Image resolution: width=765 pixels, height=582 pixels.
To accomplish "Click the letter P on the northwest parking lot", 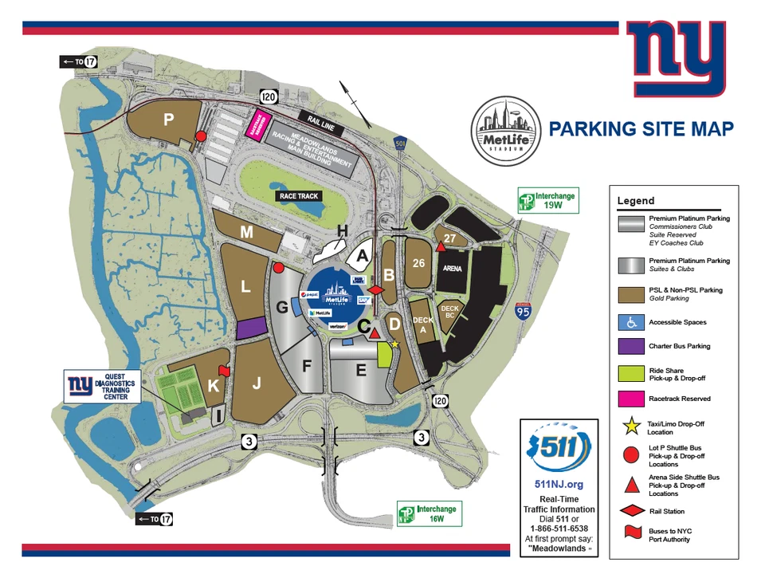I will tap(168, 119).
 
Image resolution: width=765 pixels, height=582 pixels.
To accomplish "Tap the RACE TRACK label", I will tap(297, 195).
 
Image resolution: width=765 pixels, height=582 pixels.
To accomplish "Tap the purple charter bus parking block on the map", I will tap(251, 327).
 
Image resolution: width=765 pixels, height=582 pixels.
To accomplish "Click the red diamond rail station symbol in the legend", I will tap(629, 511).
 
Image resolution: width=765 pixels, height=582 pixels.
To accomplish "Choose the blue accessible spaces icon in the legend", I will tap(629, 322).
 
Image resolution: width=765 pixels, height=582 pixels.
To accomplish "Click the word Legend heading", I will tap(635, 201).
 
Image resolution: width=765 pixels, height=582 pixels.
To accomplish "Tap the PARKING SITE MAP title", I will tap(641, 129).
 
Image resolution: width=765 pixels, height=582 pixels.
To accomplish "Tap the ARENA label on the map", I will tap(452, 269).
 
